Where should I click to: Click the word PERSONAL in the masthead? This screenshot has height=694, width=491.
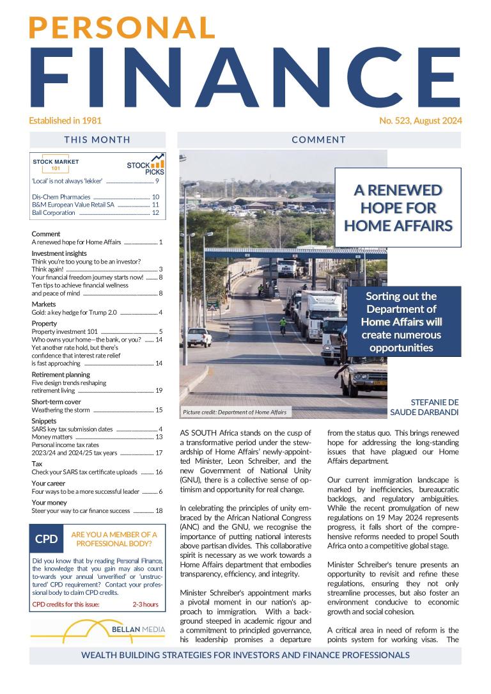[121, 28]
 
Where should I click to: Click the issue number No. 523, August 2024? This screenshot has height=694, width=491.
[420, 120]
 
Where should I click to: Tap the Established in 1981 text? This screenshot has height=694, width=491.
[65, 120]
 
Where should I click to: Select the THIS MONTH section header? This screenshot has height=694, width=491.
[97, 139]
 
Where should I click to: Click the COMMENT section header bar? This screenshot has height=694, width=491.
[318, 139]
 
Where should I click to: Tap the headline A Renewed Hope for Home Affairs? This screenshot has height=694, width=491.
[398, 208]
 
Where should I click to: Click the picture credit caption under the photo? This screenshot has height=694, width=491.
[235, 413]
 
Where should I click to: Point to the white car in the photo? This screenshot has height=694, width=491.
[199, 337]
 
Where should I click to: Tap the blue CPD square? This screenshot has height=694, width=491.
[47, 539]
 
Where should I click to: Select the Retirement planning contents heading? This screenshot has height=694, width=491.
[61, 374]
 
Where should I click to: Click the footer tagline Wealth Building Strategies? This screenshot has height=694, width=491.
[245, 656]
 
